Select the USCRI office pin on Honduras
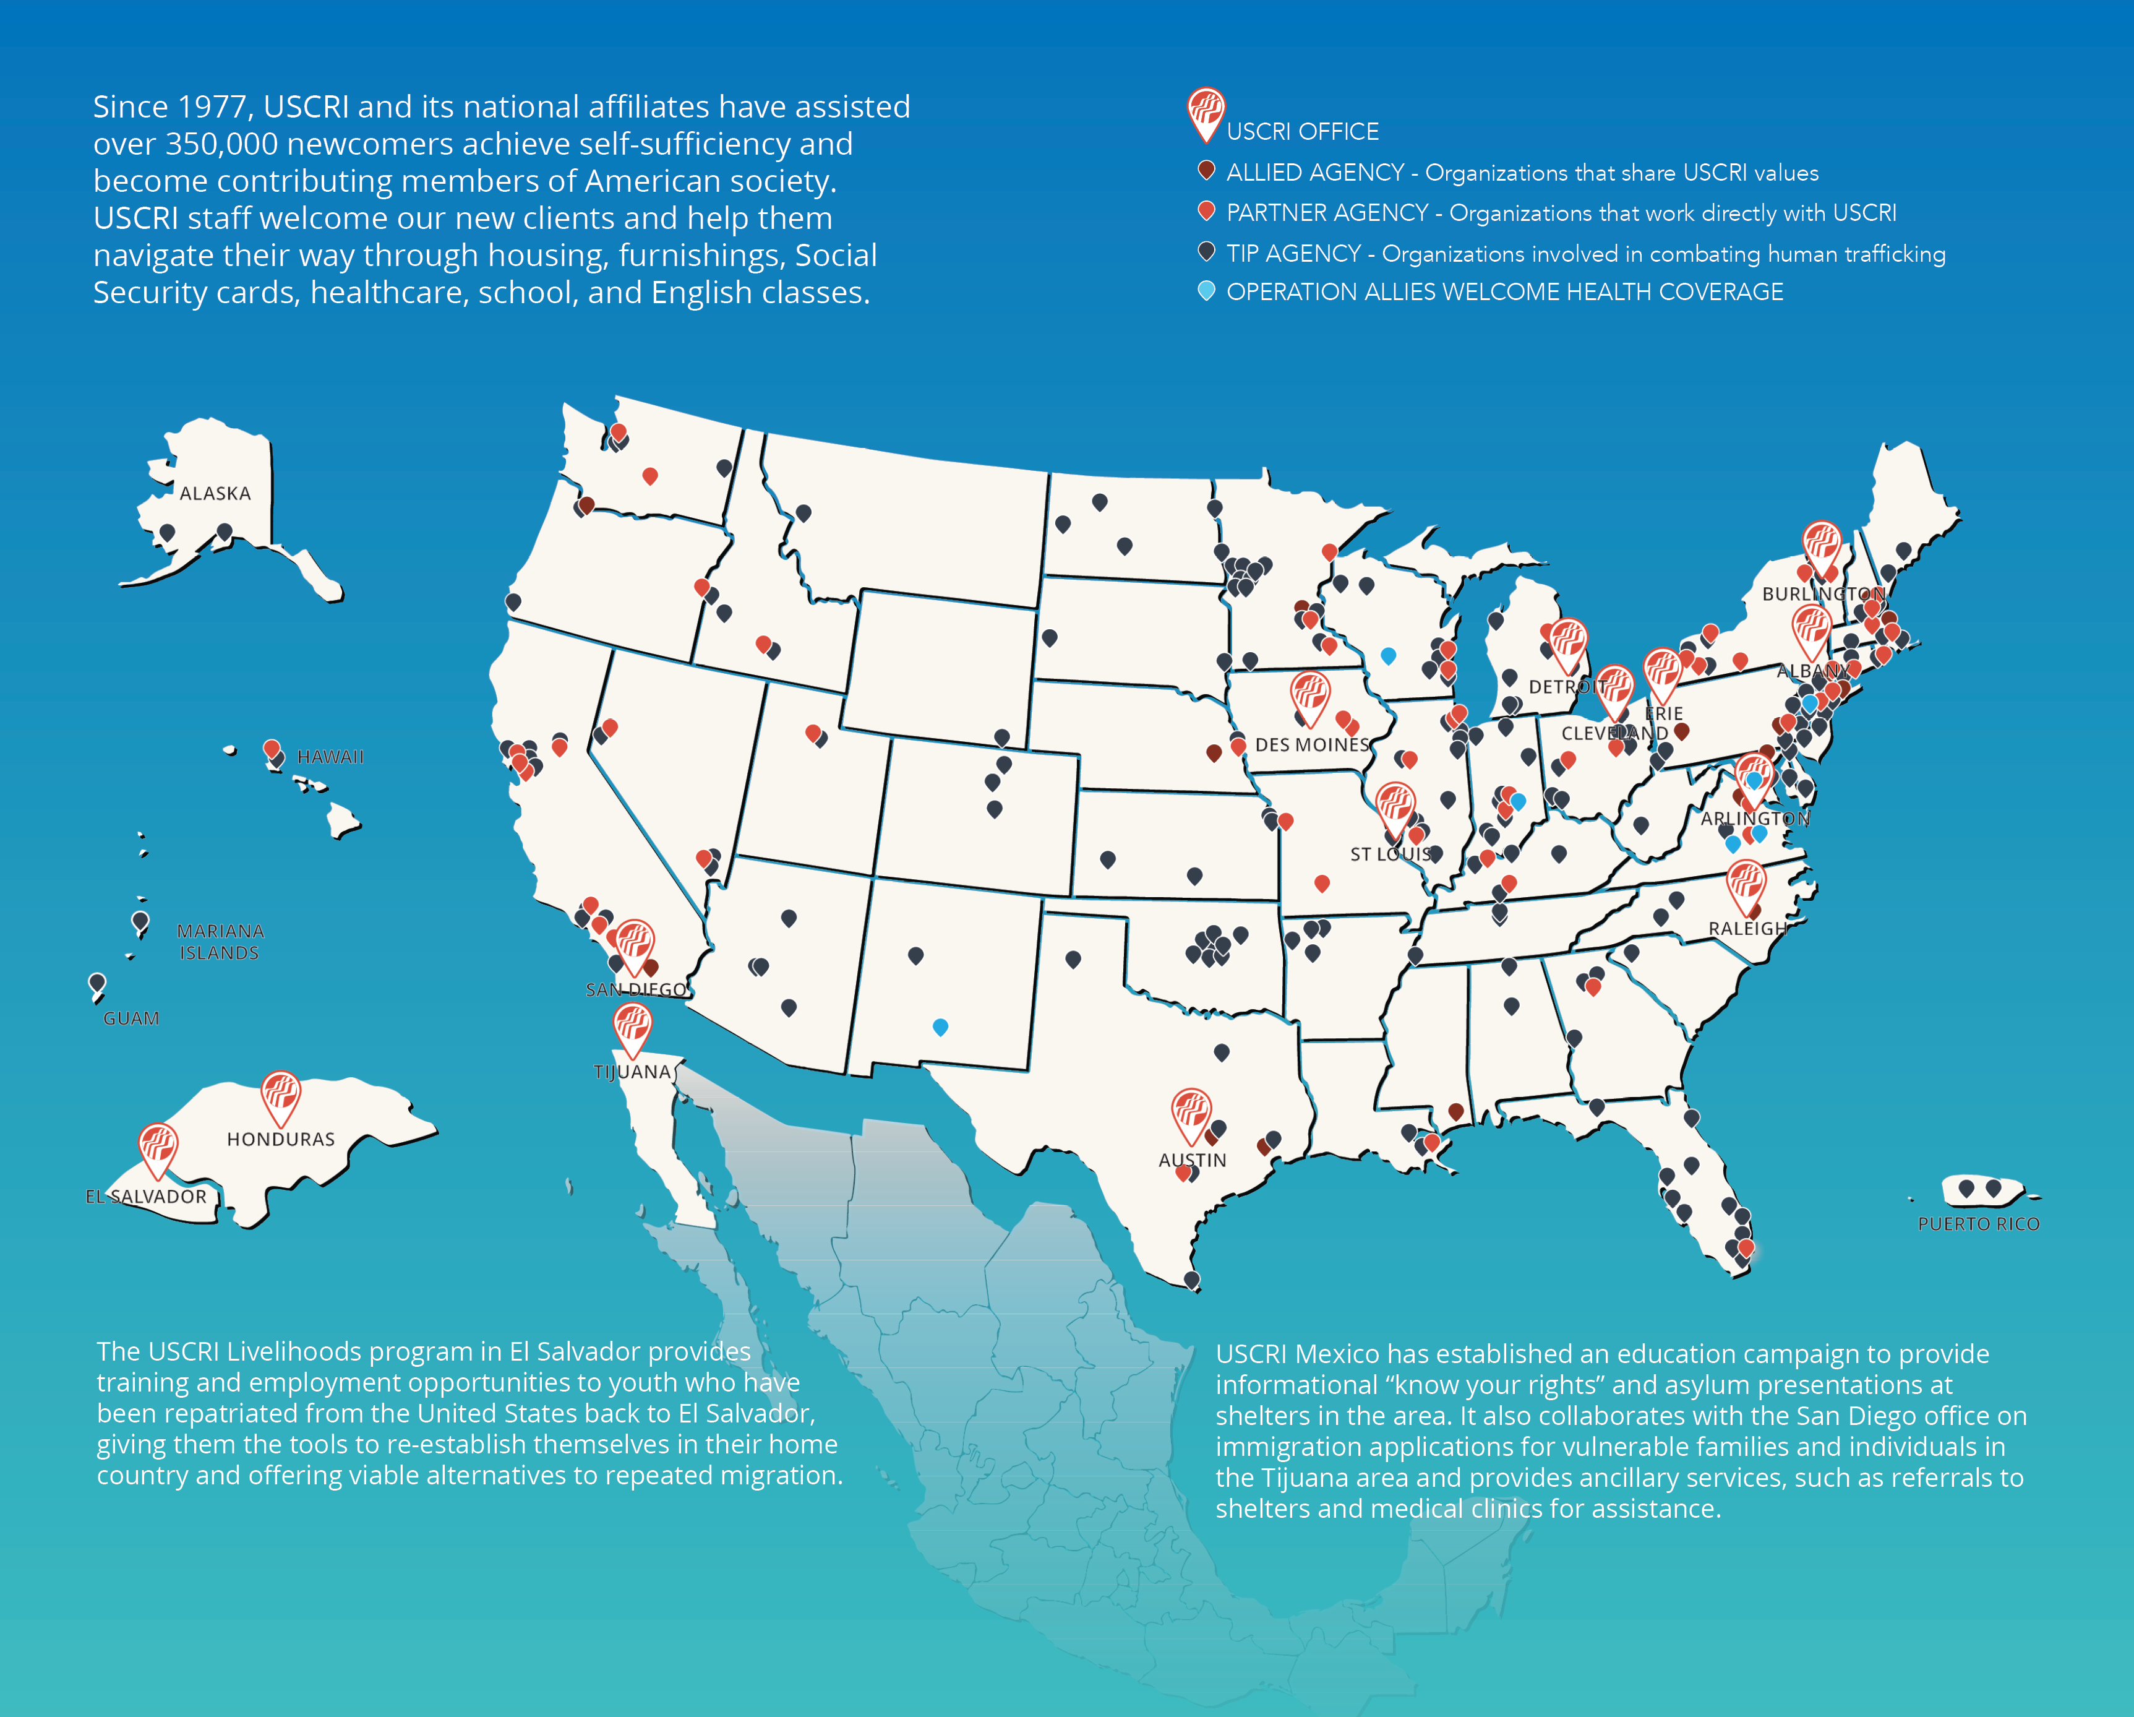(280, 1093)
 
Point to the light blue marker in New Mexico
(940, 1027)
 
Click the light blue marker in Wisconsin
(1387, 655)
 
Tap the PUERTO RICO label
(1978, 1224)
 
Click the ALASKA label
(215, 493)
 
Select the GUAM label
(131, 1018)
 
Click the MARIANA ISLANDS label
(219, 942)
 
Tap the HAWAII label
(330, 757)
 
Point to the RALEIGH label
(1747, 928)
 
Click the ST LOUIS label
(1390, 853)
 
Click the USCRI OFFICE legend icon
(1206, 112)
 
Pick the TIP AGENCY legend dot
(1206, 251)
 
